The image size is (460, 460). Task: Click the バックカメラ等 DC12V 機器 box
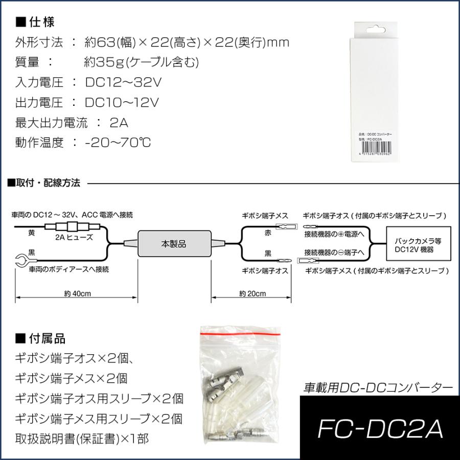pos(419,244)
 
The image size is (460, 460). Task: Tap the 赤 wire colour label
pos(268,233)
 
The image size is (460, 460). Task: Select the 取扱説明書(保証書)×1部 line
pos(85,439)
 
